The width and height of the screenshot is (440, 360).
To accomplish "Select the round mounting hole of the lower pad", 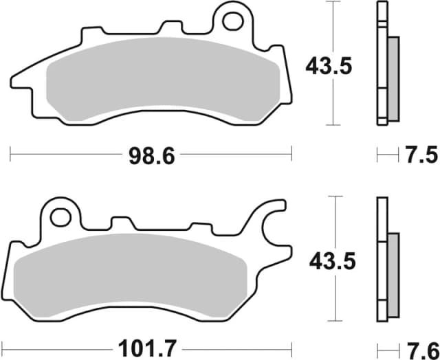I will (60, 216).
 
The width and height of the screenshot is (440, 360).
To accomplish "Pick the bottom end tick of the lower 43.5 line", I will (333, 320).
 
